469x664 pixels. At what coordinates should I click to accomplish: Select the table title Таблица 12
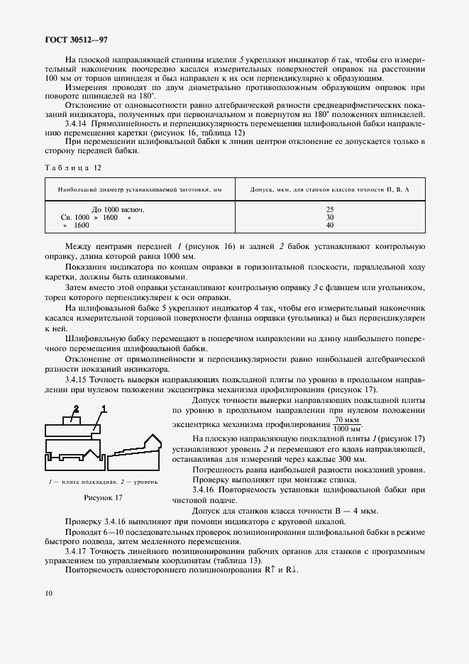(x=72, y=167)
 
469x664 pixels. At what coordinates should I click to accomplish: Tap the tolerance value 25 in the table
(x=330, y=210)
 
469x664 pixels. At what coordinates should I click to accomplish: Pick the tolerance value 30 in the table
(x=330, y=217)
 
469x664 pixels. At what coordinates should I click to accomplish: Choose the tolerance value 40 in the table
(x=330, y=225)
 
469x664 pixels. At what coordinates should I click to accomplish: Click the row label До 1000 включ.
(x=118, y=210)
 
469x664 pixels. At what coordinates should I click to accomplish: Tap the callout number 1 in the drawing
(x=104, y=409)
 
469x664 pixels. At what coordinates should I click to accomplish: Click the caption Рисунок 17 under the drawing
(x=104, y=497)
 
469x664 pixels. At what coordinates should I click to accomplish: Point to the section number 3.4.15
(x=77, y=381)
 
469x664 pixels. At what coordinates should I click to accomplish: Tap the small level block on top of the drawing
(x=73, y=421)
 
